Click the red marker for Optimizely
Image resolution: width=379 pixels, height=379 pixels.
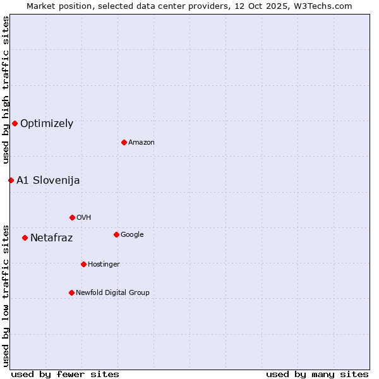pos(15,123)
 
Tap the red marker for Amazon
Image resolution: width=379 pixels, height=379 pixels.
pos(124,142)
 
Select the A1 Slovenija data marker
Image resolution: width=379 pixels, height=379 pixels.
pos(11,180)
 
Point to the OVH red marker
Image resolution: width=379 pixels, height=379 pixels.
pos(72,217)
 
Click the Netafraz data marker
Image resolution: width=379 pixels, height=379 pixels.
pos(25,238)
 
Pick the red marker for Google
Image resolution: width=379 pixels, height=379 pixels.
pos(116,234)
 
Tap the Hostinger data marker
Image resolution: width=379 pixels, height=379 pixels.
pos(83,264)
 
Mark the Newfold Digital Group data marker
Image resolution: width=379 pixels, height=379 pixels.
pos(71,292)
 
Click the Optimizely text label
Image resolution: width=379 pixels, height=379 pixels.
pos(47,123)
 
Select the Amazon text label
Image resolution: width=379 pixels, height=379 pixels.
pos(141,142)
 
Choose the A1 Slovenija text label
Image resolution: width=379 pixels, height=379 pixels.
pos(48,180)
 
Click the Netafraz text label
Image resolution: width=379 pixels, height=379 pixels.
pos(51,238)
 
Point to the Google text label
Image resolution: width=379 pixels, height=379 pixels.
pos(132,234)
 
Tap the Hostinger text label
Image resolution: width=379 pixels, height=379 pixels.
pos(104,264)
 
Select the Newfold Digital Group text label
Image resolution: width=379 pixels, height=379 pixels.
pos(112,292)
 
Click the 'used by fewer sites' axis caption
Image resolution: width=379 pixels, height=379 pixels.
pos(65,374)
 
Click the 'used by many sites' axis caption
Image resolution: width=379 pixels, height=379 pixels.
pos(317,374)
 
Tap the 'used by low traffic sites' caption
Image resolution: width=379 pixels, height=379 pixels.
pos(6,295)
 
